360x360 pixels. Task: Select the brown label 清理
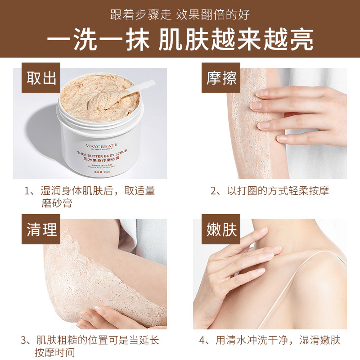(41, 230)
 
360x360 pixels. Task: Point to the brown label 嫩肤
(221, 230)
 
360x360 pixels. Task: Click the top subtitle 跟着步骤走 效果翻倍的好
(180, 14)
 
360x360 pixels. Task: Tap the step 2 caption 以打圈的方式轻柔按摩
(270, 191)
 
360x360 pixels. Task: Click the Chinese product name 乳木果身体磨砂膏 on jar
(97, 159)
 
